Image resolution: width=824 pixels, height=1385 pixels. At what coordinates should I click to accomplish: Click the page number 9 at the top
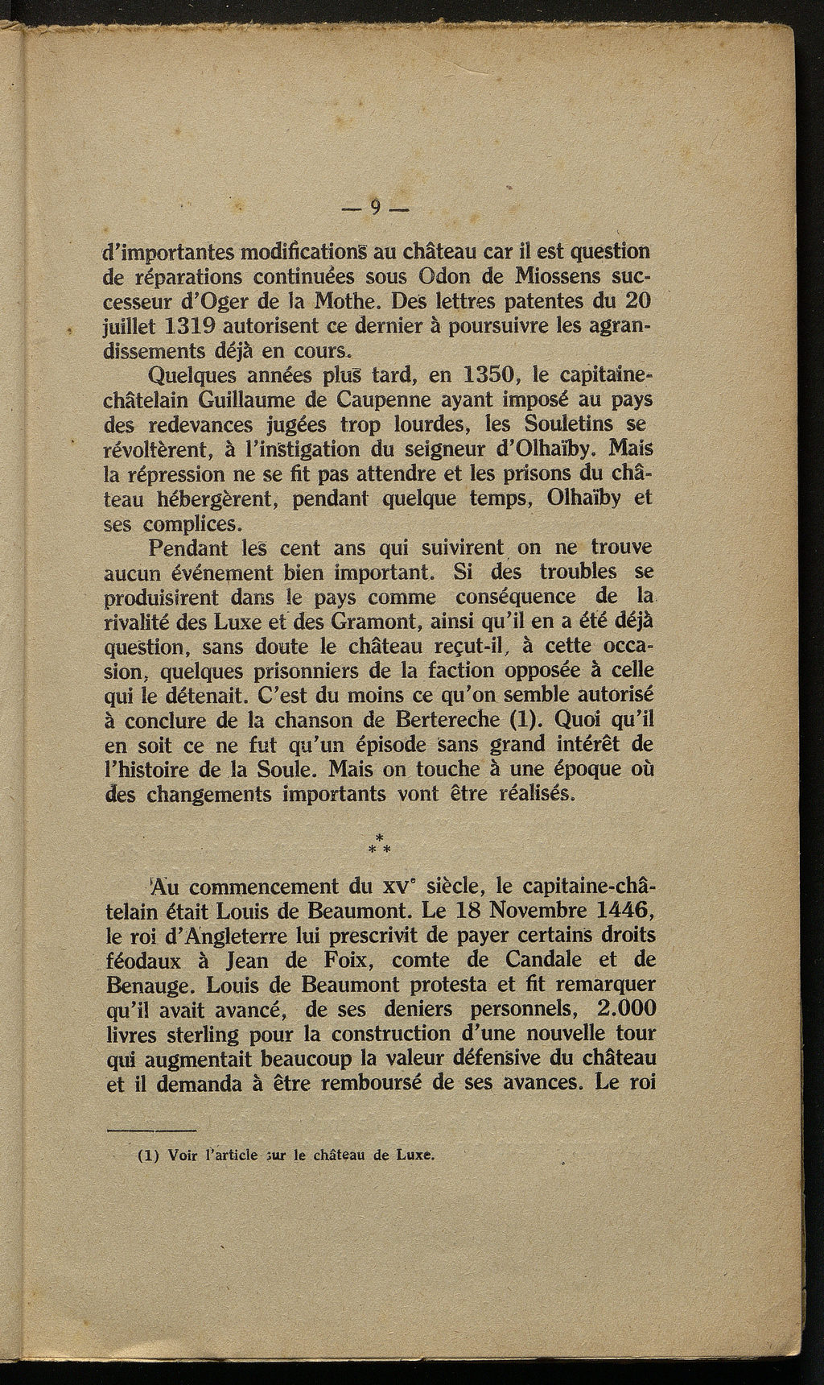click(x=376, y=207)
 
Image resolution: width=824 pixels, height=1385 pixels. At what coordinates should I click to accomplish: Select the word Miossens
click(x=554, y=277)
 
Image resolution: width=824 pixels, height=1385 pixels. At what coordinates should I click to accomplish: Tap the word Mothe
click(x=349, y=302)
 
